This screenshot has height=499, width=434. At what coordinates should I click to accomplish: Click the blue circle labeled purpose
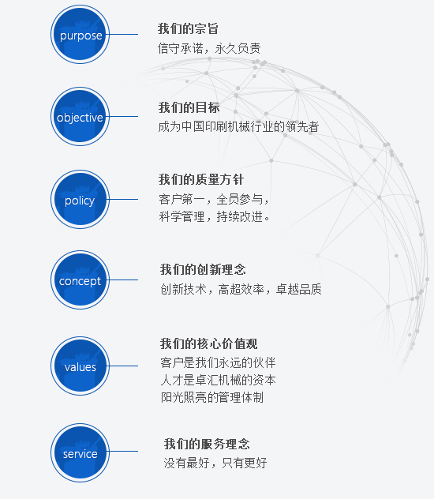(80, 35)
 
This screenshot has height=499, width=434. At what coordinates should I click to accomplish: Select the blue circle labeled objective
(80, 117)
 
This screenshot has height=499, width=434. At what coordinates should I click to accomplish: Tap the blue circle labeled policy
(80, 199)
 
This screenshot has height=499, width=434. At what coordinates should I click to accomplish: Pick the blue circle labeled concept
(80, 280)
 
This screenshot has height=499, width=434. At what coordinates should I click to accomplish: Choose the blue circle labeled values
(80, 366)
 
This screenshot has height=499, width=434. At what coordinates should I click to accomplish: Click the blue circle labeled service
(80, 452)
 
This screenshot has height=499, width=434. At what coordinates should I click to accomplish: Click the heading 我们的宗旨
(188, 28)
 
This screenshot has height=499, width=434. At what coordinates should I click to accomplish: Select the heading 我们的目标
(189, 107)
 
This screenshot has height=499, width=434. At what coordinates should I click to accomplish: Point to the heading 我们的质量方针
(201, 179)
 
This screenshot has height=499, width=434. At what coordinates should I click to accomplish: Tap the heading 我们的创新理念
(203, 269)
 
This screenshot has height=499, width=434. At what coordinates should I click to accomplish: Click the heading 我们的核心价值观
(208, 343)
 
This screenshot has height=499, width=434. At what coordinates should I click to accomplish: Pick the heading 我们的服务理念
(207, 444)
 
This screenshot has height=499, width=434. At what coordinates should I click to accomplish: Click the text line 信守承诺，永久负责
(209, 48)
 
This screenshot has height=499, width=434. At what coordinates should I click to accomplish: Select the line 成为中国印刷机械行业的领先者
(238, 126)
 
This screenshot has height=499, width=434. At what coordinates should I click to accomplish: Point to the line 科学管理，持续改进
(215, 217)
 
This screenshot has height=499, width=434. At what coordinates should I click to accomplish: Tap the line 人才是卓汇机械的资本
(218, 380)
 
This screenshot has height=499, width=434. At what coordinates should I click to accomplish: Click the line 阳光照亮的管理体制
(212, 397)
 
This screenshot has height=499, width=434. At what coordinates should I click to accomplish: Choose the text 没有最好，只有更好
(215, 463)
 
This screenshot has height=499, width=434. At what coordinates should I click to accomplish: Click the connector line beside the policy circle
(124, 199)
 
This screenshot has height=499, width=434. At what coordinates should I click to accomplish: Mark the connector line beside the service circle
(124, 451)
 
